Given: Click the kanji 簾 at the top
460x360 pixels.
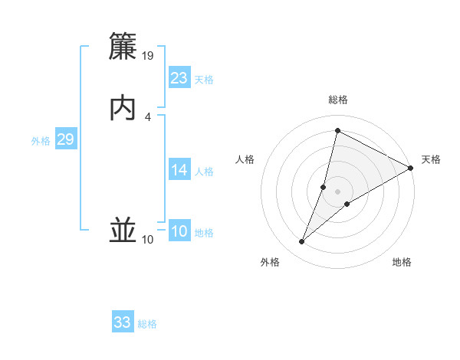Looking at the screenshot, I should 123,47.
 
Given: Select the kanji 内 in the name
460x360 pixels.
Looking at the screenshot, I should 123,108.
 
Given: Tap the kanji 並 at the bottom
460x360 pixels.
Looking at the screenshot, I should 123,231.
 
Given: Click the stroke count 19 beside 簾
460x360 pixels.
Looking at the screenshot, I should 148,56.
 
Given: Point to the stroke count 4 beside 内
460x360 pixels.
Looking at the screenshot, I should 148,116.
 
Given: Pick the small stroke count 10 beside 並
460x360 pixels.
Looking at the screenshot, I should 147,240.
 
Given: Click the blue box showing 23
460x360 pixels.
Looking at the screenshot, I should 179,78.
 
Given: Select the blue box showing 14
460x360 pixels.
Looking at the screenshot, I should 179,170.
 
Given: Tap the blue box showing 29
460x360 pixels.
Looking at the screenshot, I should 65,139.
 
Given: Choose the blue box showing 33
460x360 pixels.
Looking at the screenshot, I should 123,322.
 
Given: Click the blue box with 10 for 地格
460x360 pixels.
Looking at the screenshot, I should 179,231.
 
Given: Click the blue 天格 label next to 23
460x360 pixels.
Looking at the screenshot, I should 204,80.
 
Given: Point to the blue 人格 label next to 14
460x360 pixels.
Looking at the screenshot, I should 204,172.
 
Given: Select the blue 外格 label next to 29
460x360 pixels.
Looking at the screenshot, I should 41,141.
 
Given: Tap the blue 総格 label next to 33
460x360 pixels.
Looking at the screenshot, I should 147,324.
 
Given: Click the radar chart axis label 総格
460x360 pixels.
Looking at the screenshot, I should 338,100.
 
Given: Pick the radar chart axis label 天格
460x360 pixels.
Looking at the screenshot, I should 431,159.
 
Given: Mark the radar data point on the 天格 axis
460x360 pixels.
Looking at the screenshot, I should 411,169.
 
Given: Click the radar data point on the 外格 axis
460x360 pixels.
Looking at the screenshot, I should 302,242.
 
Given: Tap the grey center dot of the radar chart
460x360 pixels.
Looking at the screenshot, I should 338,191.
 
